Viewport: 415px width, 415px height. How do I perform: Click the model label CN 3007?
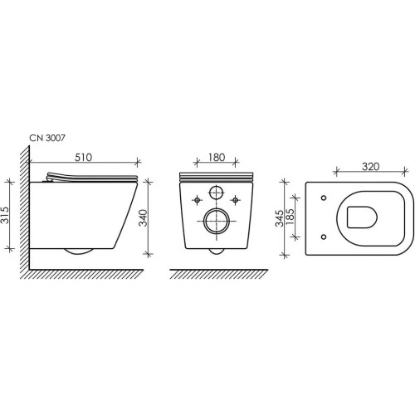coord(47,138)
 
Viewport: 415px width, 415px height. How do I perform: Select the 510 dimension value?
coord(83,158)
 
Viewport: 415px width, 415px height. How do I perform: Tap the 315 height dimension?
coord(5,215)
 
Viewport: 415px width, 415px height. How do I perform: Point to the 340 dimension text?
coord(143,217)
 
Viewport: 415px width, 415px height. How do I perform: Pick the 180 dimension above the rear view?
coord(217,158)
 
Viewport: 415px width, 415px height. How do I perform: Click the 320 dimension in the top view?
coord(370,167)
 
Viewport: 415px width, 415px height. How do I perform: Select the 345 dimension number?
coord(279,218)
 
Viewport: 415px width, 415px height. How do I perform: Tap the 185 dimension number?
coord(290,218)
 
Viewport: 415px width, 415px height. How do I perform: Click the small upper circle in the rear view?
coord(216,193)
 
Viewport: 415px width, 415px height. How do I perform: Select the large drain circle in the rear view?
coord(217,221)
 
